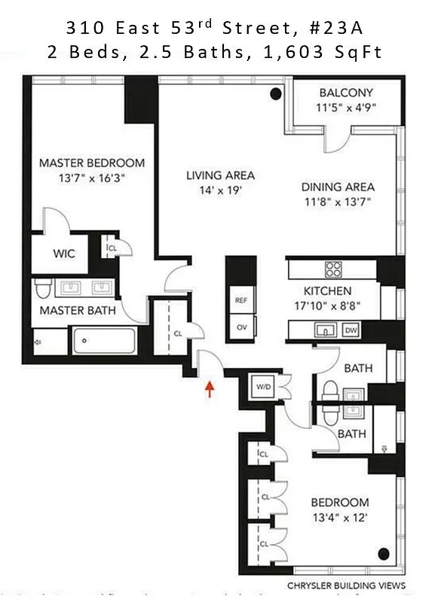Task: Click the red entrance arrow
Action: coord(210,388)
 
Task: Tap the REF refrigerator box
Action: coord(241,299)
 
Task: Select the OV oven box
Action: coord(241,327)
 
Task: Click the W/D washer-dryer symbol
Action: coord(264,388)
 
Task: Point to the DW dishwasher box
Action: coord(351,330)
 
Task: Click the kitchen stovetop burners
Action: coord(332,269)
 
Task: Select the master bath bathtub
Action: coord(104,342)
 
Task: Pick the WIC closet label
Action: coord(63,254)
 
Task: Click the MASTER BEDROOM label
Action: coord(92,163)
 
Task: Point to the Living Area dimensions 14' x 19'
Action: coord(220,190)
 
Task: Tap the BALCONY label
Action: coord(345,93)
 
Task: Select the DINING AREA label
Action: coord(338,187)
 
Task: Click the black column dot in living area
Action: coord(276,93)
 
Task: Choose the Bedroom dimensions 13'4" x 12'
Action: coord(341,517)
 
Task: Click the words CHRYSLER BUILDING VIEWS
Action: coord(346,585)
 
